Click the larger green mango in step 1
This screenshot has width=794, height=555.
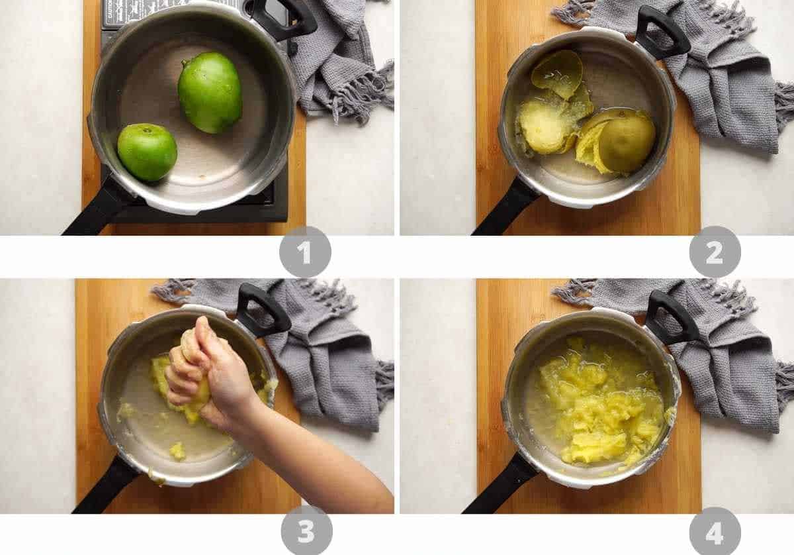[209, 92]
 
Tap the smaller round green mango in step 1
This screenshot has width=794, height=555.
[147, 152]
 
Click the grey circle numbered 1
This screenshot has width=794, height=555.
[305, 252]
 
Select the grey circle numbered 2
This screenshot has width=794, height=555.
[715, 252]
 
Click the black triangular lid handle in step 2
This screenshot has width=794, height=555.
[662, 33]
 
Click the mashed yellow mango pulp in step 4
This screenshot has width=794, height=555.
[599, 404]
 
